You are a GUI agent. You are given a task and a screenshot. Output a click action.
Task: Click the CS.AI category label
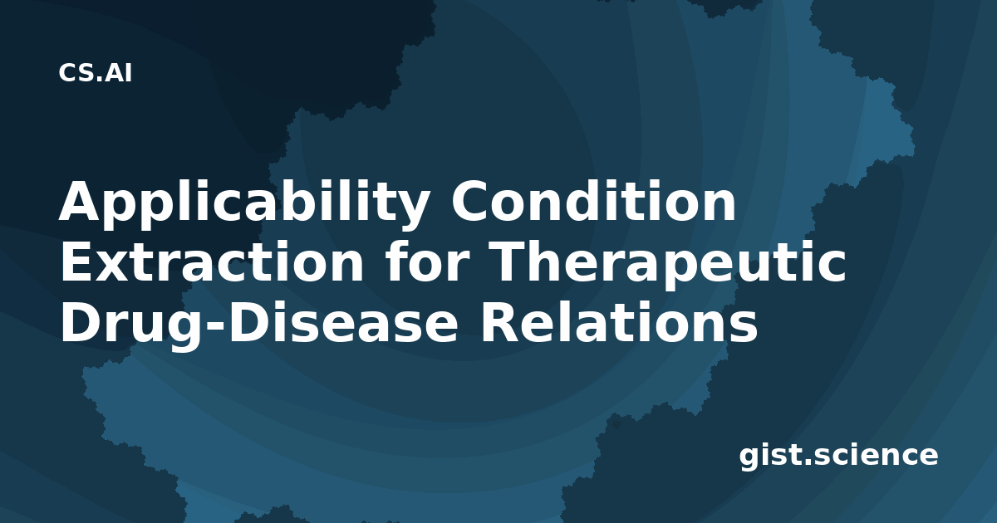[x=95, y=73]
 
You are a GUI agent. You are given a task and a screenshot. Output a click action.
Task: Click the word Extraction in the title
[x=212, y=262]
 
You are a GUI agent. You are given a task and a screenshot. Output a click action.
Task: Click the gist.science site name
[x=838, y=457]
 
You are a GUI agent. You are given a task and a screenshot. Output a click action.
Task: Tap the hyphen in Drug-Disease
[x=215, y=326]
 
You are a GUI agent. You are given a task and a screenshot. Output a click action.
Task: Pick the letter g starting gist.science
[x=749, y=458]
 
